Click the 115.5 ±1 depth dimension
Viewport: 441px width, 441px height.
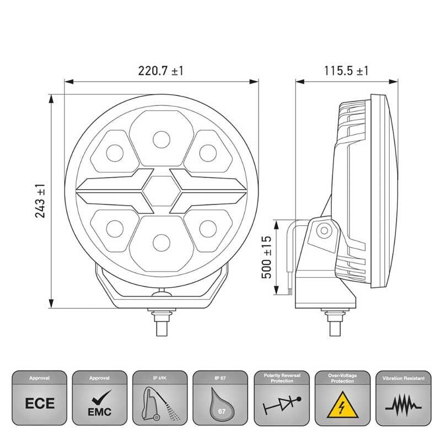346,71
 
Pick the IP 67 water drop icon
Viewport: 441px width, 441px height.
219,404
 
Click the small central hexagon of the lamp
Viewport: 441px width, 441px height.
160,189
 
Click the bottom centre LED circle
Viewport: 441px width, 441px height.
160,240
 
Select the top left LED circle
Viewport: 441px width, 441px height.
115,152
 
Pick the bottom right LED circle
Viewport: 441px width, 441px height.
206,227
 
